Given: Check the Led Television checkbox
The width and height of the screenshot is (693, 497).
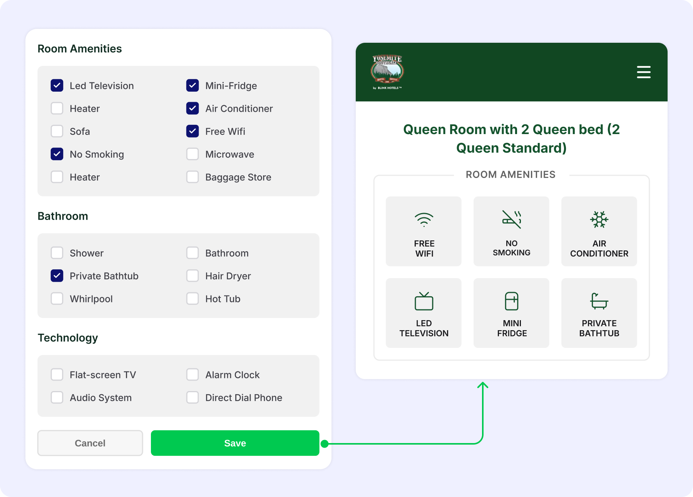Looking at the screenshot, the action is click(x=57, y=86).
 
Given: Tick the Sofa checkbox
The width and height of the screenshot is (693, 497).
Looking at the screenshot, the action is click(x=57, y=131).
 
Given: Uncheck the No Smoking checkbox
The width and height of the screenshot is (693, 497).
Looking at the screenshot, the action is click(x=57, y=154).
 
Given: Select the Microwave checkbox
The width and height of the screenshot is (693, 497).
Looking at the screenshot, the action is click(x=192, y=154).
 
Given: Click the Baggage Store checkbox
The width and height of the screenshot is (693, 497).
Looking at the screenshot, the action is click(x=192, y=177).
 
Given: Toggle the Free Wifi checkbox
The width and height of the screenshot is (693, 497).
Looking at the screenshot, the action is click(x=192, y=131).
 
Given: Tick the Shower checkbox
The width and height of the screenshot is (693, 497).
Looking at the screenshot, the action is click(x=57, y=253).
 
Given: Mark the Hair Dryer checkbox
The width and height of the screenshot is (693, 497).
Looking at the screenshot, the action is click(x=192, y=276).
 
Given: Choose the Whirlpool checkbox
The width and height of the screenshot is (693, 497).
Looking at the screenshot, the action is click(x=57, y=299).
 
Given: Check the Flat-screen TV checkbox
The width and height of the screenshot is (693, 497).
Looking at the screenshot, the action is click(x=57, y=374).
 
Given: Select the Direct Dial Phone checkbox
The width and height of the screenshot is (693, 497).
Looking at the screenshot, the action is click(x=192, y=398).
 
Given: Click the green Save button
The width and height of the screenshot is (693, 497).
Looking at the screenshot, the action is click(x=235, y=443).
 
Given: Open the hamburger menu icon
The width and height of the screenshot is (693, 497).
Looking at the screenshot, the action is click(x=644, y=72).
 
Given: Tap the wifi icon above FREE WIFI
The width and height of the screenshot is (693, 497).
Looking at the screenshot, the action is click(x=424, y=220).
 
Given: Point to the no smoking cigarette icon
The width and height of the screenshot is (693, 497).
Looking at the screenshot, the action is click(x=512, y=219).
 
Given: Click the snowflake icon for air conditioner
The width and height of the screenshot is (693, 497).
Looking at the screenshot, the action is click(x=599, y=220).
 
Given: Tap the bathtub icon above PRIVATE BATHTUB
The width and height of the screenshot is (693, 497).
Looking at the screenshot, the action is click(x=599, y=301).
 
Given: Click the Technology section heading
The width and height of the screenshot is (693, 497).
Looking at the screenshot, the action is click(x=68, y=338).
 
